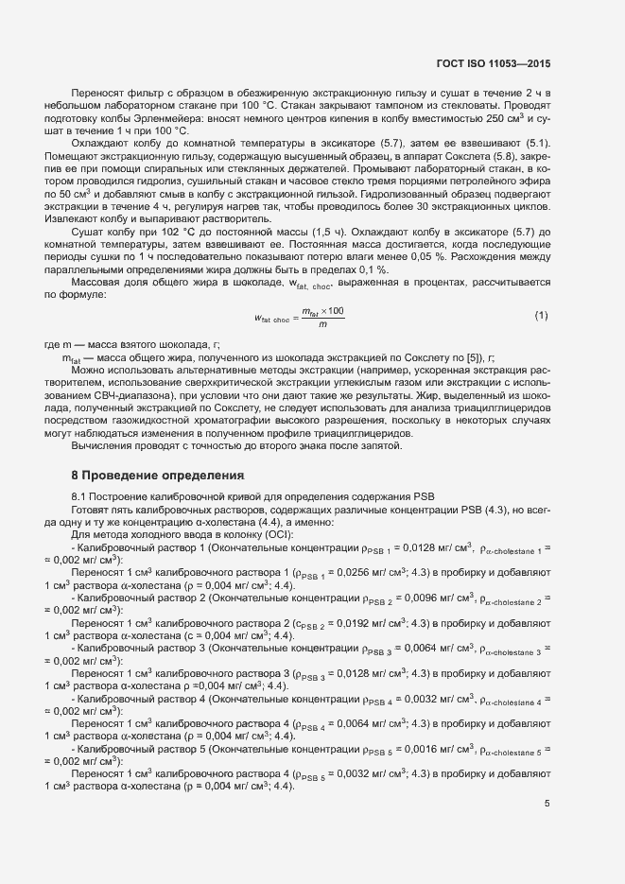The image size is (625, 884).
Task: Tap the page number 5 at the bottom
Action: [547, 805]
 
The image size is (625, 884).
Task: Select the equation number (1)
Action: [541, 314]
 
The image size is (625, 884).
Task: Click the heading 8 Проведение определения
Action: [158, 474]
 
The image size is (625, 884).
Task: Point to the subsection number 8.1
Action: [81, 495]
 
